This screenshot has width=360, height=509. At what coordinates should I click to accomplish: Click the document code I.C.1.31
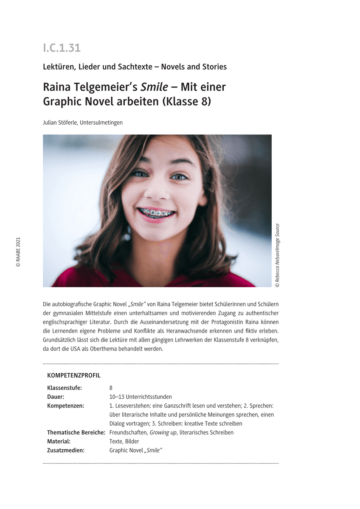click(x=62, y=48)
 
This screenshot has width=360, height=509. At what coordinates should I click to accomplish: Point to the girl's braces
click(x=157, y=211)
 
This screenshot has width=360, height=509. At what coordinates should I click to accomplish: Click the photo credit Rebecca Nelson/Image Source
click(x=277, y=255)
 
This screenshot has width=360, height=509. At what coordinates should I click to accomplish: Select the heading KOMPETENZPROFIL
click(x=74, y=375)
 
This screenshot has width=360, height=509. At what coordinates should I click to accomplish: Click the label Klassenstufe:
click(x=65, y=388)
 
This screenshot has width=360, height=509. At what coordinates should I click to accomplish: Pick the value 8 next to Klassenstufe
click(x=111, y=388)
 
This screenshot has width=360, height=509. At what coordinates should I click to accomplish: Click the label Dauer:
click(x=56, y=397)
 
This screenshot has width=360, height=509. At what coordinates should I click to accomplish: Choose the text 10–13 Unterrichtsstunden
click(x=141, y=397)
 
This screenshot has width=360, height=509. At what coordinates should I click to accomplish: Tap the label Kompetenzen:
click(x=65, y=406)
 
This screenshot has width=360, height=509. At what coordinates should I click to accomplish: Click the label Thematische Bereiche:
click(x=76, y=433)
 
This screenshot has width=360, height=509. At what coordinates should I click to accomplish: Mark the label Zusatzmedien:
click(x=66, y=450)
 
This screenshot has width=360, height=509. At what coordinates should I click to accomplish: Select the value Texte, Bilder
click(x=124, y=442)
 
